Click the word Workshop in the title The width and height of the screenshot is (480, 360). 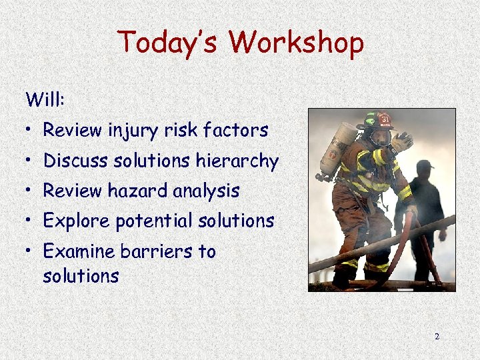coord(297,43)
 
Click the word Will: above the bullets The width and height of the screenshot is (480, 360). coord(44,101)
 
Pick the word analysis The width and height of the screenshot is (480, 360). coord(206,191)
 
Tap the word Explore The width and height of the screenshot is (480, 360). coord(77,221)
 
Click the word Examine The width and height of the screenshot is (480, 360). coord(79,251)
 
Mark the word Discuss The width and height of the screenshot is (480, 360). coord(75,161)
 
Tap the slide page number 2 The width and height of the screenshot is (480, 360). coord(437,337)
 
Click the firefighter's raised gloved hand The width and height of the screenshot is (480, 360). coord(402,141)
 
